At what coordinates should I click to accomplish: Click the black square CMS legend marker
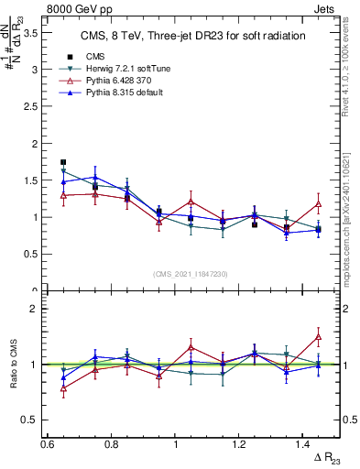pyautogui.click(x=70, y=57)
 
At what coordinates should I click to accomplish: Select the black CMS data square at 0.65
pyautogui.click(x=63, y=162)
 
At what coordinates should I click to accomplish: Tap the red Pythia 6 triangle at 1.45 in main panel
pyautogui.click(x=319, y=204)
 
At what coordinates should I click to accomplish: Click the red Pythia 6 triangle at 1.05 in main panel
pyautogui.click(x=191, y=201)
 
